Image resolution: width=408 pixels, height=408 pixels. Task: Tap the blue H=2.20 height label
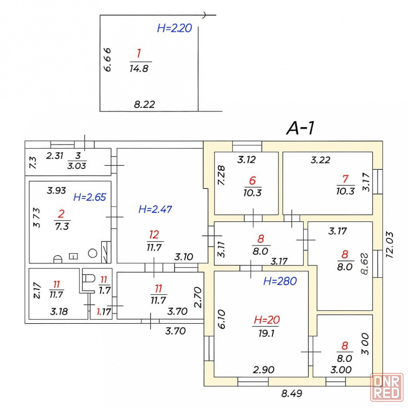(x=174, y=29)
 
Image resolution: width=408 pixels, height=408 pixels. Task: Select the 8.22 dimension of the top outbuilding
(x=144, y=104)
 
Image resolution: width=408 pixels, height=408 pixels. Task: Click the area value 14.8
(x=139, y=69)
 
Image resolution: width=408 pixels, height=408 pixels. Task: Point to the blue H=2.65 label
(x=89, y=197)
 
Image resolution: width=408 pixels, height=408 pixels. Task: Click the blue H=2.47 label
(x=155, y=209)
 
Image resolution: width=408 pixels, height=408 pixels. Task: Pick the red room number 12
(x=154, y=234)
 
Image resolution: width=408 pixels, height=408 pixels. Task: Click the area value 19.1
(x=265, y=332)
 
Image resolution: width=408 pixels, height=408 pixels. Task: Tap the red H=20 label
(x=266, y=319)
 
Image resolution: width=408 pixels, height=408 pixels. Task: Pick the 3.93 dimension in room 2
(x=56, y=190)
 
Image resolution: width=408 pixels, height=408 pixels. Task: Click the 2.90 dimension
(x=264, y=370)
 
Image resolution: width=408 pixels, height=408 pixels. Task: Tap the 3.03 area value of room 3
(x=77, y=165)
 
